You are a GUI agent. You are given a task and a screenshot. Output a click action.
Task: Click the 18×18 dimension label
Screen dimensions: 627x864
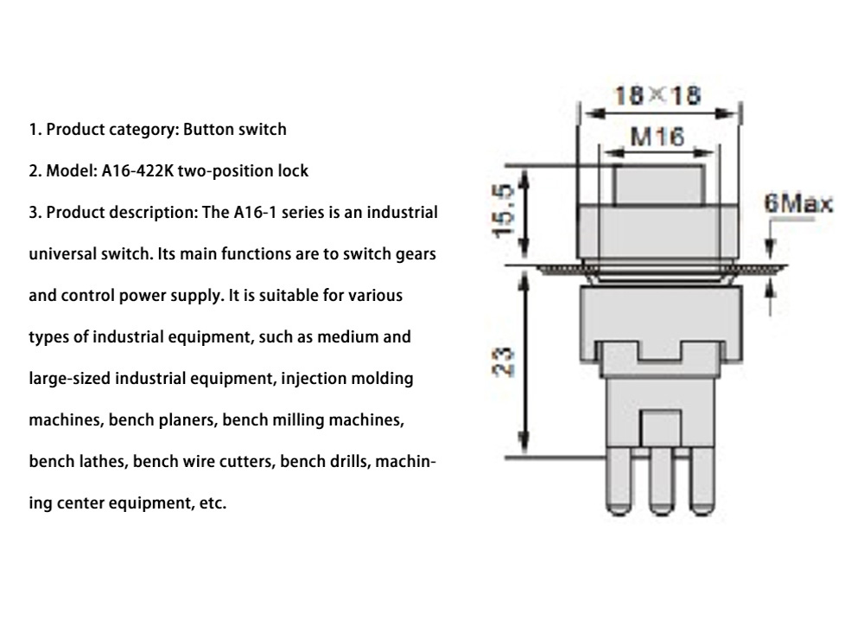coord(658,94)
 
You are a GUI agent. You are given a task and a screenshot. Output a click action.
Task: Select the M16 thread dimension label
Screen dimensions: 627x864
coord(658,136)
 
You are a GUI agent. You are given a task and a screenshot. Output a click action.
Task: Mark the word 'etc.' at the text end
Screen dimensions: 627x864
coord(211,503)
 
